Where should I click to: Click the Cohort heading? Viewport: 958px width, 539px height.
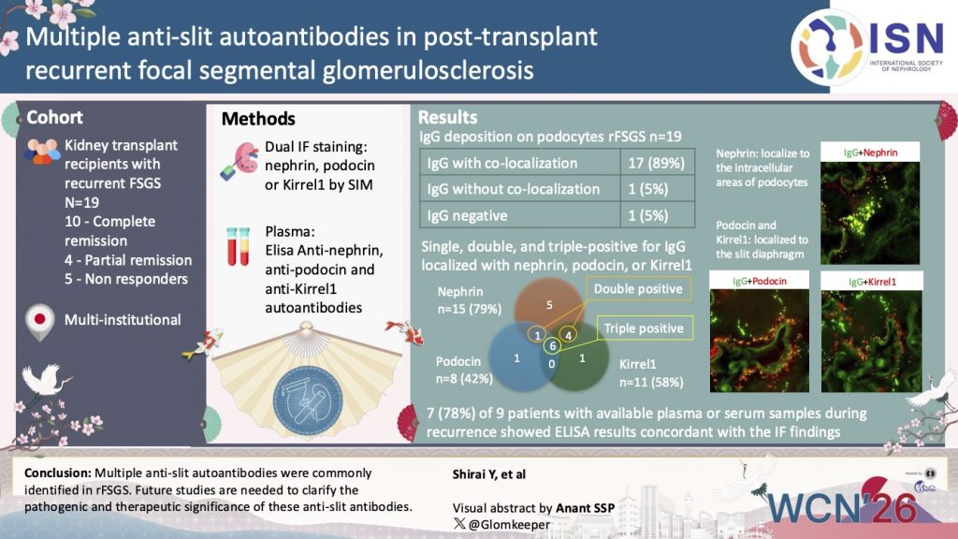(54, 118)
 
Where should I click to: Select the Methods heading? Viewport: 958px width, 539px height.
(258, 119)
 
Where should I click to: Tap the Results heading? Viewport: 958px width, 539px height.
(447, 118)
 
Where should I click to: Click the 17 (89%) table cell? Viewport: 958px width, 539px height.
(657, 163)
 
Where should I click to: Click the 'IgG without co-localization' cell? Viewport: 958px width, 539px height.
(514, 188)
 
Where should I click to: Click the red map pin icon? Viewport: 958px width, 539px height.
(37, 319)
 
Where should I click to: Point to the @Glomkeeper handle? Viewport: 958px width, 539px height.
(493, 524)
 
